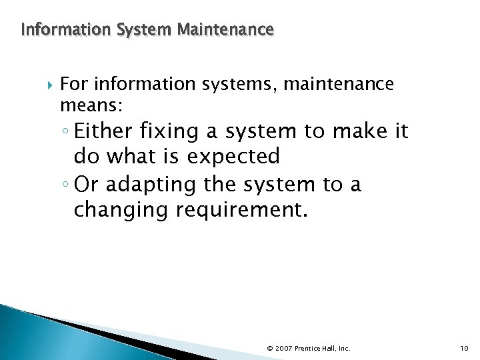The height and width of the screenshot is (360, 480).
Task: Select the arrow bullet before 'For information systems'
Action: pyautogui.click(x=46, y=85)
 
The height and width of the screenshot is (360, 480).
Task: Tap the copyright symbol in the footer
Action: pyautogui.click(x=269, y=348)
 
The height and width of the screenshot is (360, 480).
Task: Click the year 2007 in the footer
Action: pyautogui.click(x=283, y=348)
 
